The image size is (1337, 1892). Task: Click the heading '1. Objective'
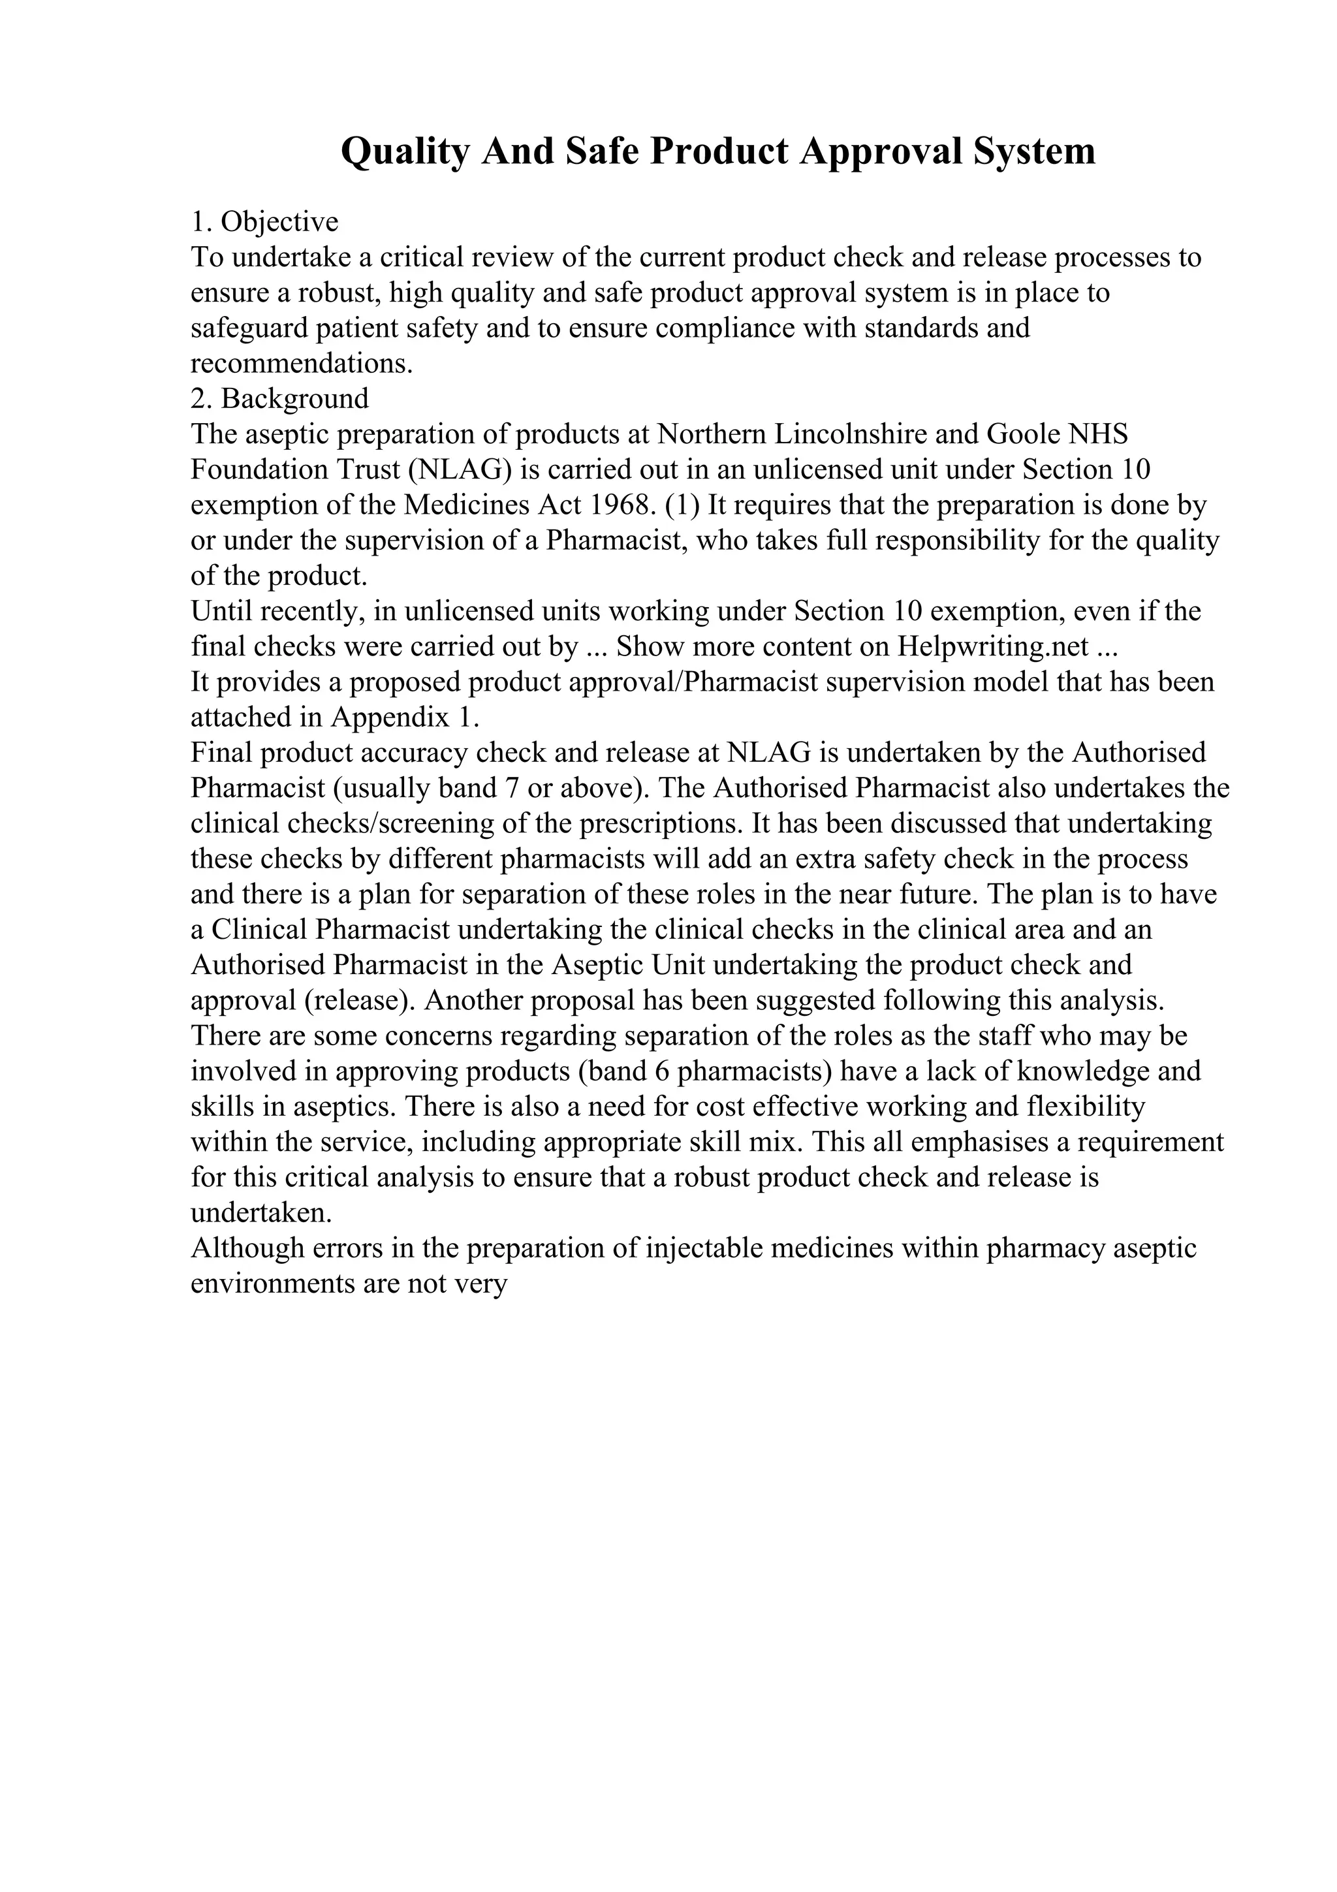[264, 222]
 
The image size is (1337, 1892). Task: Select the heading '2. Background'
[279, 399]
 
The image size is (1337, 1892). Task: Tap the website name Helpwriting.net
[991, 647]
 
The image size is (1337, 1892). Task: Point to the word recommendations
[302, 364]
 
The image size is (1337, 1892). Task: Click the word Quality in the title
[405, 151]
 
